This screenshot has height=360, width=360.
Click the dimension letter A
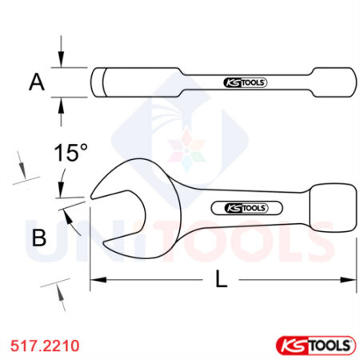tap(34, 81)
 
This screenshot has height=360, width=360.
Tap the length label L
tap(222, 280)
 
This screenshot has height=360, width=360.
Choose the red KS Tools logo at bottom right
tap(314, 344)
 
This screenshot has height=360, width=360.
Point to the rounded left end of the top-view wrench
tap(97, 82)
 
